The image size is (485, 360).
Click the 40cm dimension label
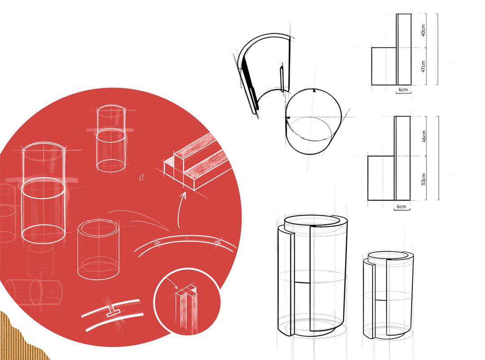[423, 30]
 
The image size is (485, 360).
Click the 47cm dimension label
[423, 66]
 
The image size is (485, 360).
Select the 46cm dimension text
[424, 136]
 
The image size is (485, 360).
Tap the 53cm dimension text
[424, 179]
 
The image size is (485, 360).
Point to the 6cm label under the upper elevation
[403, 89]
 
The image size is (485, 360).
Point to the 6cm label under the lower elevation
[401, 206]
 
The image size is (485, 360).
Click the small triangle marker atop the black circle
[314, 91]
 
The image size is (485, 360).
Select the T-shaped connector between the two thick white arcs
[113, 313]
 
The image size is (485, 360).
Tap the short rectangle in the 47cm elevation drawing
[384, 66]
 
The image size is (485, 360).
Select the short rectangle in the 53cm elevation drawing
[381, 178]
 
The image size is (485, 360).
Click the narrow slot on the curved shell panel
[282, 79]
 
